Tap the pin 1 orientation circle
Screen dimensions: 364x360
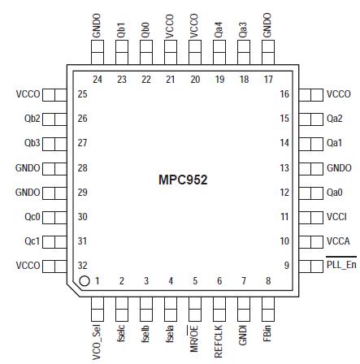tap(83, 280)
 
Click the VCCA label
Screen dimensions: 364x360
tap(337, 241)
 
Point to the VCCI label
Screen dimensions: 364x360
tap(336, 217)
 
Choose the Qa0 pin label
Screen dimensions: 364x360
tap(335, 193)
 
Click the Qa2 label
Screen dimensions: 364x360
tap(335, 119)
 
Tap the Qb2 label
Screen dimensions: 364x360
tap(32, 119)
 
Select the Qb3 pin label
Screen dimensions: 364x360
tap(32, 143)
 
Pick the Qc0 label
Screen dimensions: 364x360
tap(32, 217)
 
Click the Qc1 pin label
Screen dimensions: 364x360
tap(32, 241)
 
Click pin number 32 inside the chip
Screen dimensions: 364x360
tap(81, 265)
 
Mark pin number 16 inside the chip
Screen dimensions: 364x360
tap(284, 94)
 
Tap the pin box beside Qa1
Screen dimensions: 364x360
tap(311, 143)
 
